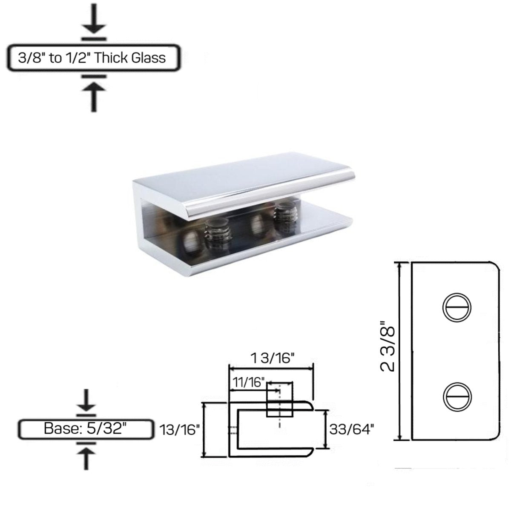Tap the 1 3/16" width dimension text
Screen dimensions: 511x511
273,358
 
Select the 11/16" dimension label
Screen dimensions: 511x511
249,382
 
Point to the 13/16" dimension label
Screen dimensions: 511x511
180,430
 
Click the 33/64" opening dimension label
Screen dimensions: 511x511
351,429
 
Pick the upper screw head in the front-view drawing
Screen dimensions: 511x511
457,306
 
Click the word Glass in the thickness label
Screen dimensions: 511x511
148,57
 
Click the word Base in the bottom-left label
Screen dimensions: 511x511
60,428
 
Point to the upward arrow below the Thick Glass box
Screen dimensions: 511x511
94,96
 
